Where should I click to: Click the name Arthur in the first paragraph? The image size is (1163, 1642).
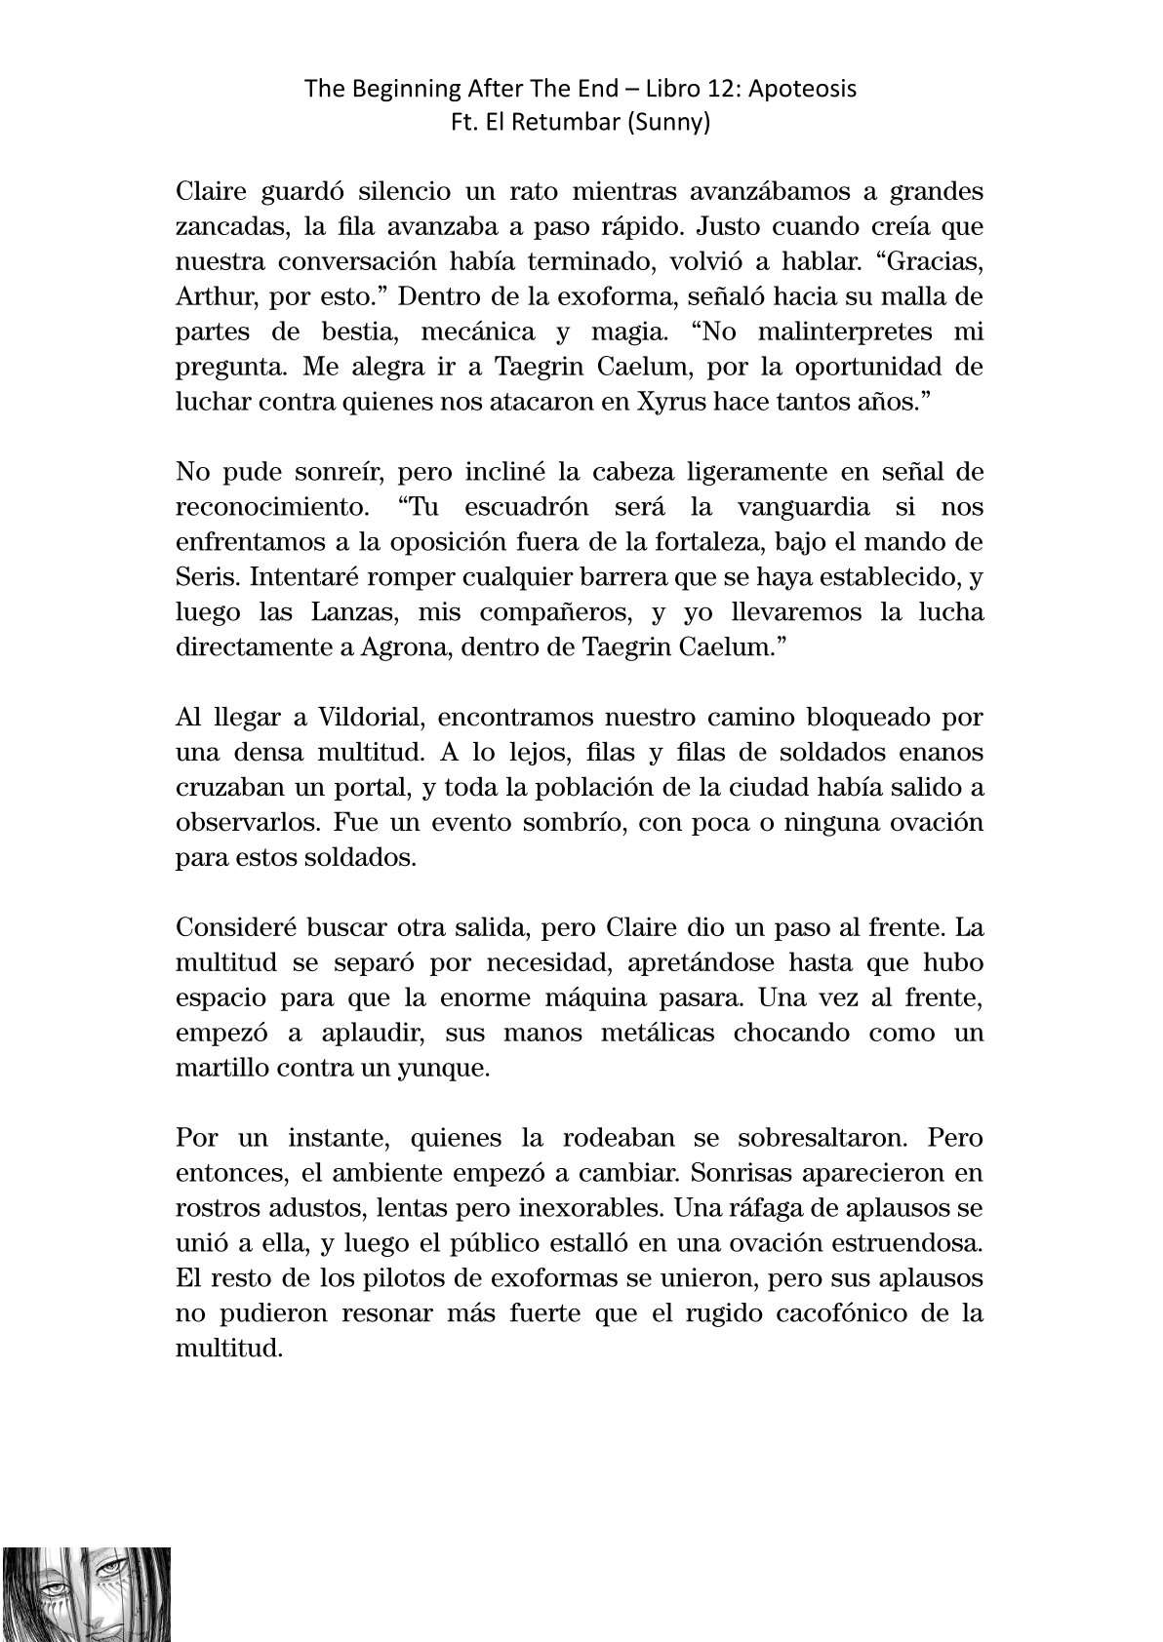(x=209, y=296)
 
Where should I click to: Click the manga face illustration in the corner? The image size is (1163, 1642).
(x=86, y=1593)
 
